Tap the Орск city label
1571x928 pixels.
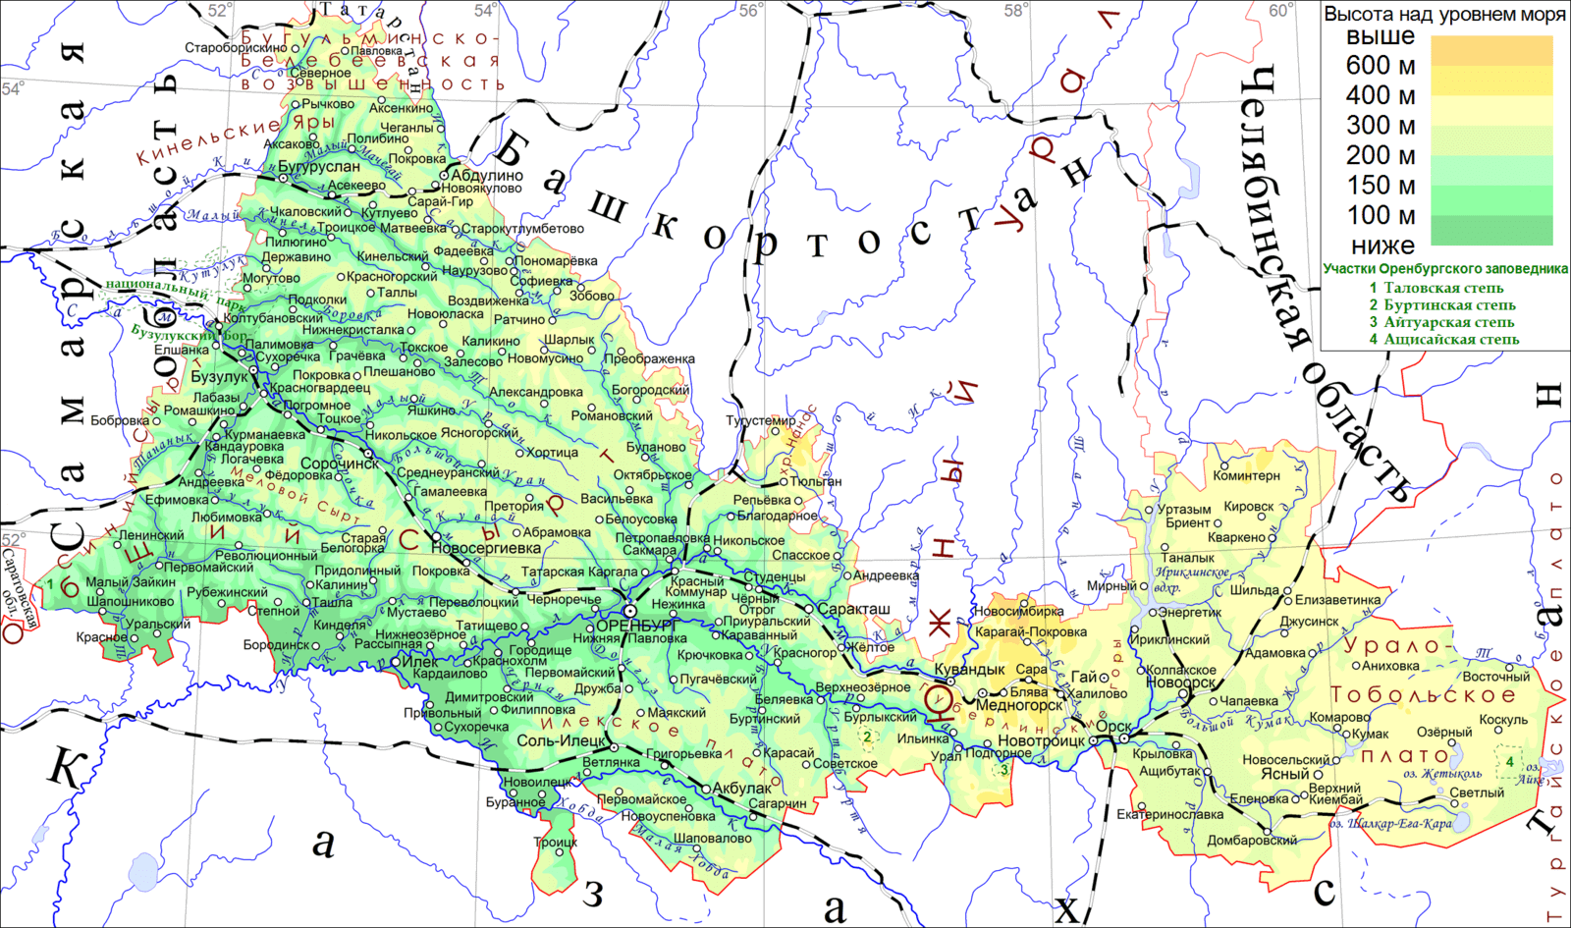1113,727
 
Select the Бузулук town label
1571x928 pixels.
220,377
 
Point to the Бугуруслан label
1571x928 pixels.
319,167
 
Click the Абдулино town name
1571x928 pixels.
487,176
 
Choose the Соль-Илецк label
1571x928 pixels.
561,740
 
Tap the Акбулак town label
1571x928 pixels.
742,789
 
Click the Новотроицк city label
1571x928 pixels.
1042,740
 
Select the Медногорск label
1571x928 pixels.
1019,705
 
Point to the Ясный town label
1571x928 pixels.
1285,774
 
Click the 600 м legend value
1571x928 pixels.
1381,66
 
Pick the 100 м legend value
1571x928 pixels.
1381,215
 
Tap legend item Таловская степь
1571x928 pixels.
1443,288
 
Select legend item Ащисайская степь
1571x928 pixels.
1451,339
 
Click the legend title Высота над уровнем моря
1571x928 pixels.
1444,15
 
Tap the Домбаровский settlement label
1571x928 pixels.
1252,841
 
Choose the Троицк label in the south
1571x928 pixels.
556,843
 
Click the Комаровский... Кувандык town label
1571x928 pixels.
969,669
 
